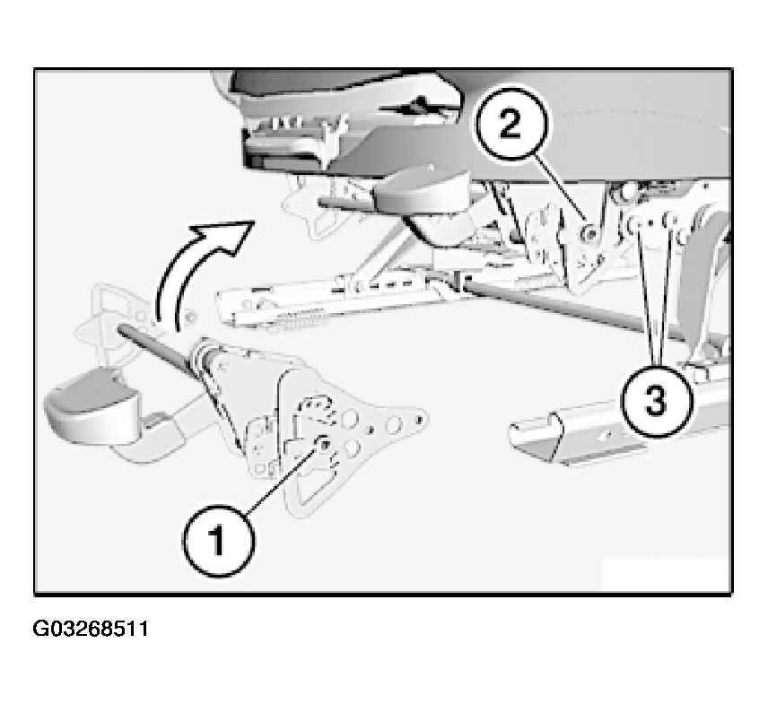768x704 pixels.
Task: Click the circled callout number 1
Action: (x=218, y=541)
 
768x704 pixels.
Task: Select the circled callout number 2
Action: (x=511, y=124)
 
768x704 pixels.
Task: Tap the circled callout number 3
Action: (x=657, y=400)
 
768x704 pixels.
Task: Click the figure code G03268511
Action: (x=90, y=629)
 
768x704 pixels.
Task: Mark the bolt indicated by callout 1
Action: (x=324, y=444)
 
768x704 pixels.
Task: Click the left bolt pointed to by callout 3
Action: (x=636, y=222)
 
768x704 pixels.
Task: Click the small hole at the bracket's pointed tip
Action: (x=419, y=419)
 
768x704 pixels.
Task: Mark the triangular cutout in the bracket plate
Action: (x=313, y=484)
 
